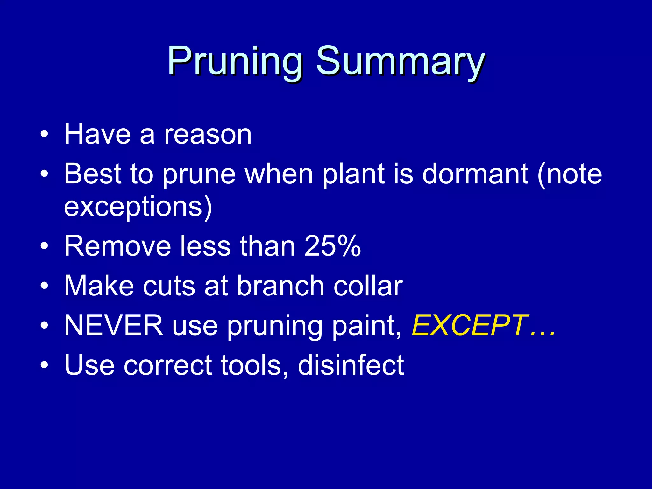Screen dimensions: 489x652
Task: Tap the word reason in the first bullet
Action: coord(208,135)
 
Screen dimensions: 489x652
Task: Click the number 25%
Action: coord(332,246)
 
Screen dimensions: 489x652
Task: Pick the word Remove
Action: coord(117,246)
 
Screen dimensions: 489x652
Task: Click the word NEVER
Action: coord(113,325)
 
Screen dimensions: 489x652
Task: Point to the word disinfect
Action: coord(351,365)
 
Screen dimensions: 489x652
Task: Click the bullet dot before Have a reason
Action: coord(44,135)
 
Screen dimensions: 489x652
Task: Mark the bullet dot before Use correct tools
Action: coord(44,365)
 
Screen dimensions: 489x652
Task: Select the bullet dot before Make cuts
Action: coord(44,286)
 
